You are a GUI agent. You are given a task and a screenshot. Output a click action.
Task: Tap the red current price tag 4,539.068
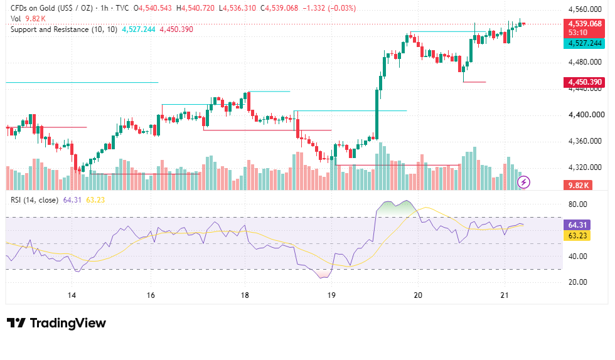pyautogui.click(x=584, y=24)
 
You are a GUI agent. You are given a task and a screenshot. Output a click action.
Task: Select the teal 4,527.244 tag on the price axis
pyautogui.click(x=584, y=43)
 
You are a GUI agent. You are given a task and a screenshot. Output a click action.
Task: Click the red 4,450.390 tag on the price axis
pyautogui.click(x=584, y=82)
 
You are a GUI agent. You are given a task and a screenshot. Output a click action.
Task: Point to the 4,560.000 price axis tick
pyautogui.click(x=585, y=9)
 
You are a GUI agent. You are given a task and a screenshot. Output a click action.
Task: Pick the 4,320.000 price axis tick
pyautogui.click(x=585, y=167)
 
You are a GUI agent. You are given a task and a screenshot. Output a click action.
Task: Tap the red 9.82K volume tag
pyautogui.click(x=578, y=185)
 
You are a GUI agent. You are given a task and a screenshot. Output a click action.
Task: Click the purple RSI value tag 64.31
pyautogui.click(x=577, y=225)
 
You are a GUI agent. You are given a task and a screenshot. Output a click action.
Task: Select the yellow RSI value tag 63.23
pyautogui.click(x=577, y=235)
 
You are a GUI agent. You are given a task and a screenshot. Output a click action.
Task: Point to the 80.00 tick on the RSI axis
pyautogui.click(x=578, y=204)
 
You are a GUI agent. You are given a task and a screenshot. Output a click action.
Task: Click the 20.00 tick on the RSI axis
pyautogui.click(x=578, y=282)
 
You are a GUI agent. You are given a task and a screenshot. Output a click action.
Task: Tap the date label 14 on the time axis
pyautogui.click(x=72, y=295)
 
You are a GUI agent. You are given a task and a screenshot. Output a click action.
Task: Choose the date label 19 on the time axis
pyautogui.click(x=331, y=295)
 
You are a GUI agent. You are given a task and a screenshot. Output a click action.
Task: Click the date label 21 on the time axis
pyautogui.click(x=505, y=295)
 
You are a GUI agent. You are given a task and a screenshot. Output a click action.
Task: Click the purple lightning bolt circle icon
pyautogui.click(x=523, y=182)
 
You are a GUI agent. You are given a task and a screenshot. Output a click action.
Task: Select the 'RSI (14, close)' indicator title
pyautogui.click(x=35, y=200)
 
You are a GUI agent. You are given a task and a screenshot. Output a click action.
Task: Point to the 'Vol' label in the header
pyautogui.click(x=16, y=19)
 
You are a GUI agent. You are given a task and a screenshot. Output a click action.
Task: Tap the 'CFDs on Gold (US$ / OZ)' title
pyautogui.click(x=51, y=8)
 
